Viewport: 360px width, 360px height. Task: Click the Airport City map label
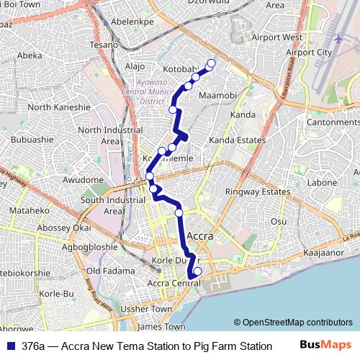coord(309,53)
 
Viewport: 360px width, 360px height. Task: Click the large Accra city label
coord(204,235)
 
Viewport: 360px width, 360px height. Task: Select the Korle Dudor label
coord(171,261)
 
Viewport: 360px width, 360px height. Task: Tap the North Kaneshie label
coord(59,107)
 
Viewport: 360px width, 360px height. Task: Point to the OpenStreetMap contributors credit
coord(292,322)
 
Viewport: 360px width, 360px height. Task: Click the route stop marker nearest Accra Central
coord(197,271)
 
